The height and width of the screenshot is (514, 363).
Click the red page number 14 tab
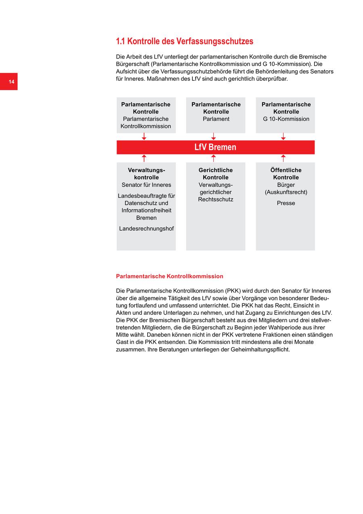pyautogui.click(x=9, y=82)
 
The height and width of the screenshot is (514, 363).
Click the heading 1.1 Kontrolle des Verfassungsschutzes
pyautogui.click(x=184, y=41)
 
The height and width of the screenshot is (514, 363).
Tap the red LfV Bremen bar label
pyautogui.click(x=215, y=147)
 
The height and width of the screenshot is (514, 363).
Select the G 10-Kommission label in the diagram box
pyautogui.click(x=286, y=119)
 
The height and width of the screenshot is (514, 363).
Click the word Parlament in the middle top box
pyautogui.click(x=216, y=119)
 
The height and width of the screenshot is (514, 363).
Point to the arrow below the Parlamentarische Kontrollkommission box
pyautogui.click(x=144, y=137)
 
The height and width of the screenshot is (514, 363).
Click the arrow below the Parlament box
pyautogui.click(x=213, y=137)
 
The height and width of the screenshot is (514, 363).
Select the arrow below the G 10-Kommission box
pyautogui.click(x=283, y=137)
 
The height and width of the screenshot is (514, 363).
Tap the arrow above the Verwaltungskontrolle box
pyautogui.click(x=144, y=158)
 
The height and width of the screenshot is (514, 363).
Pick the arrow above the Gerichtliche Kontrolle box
pyautogui.click(x=213, y=158)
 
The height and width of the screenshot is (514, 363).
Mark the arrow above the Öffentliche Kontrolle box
pyautogui.click(x=283, y=158)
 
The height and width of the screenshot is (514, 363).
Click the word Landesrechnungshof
pyautogui.click(x=146, y=229)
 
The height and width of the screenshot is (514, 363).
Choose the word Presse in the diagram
pyautogui.click(x=286, y=203)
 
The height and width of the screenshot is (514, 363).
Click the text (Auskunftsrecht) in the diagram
pyautogui.click(x=286, y=192)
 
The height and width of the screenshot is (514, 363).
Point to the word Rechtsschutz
pyautogui.click(x=216, y=200)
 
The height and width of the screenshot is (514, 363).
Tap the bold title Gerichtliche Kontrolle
pyautogui.click(x=216, y=174)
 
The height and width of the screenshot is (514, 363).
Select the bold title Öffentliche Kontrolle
pyautogui.click(x=286, y=174)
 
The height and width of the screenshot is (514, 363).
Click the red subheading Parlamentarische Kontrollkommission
pyautogui.click(x=169, y=276)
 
